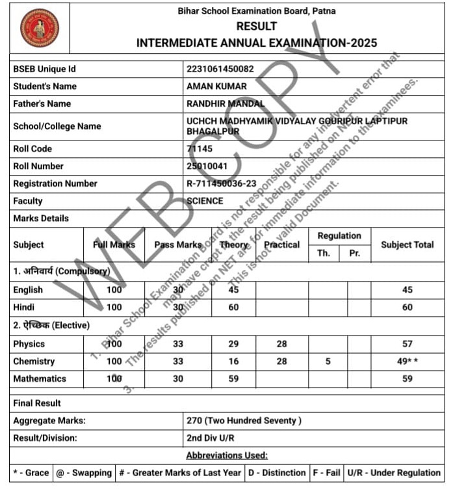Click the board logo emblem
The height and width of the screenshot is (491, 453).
pos(39,28)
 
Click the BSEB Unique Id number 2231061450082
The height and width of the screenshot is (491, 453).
pos(220,68)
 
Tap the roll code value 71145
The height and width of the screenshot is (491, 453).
pos(200,149)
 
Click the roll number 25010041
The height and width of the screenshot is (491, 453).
pos(207,166)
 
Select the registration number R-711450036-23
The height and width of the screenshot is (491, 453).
pos(222,183)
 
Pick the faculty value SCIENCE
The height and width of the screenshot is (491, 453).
pos(205,201)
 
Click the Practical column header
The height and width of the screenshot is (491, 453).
pos(282,245)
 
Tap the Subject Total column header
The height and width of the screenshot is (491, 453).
pos(407,245)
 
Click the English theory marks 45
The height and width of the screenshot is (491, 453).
pos(233,289)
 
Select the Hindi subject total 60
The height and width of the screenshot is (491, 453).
pos(408,307)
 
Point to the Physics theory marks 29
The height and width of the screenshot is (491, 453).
pos(233,343)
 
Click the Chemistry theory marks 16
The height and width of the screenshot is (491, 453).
pos(233,361)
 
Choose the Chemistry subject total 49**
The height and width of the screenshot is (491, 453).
pos(408,361)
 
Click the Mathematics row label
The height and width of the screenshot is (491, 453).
pos(40,378)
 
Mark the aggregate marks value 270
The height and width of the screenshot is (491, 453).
pos(244,421)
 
